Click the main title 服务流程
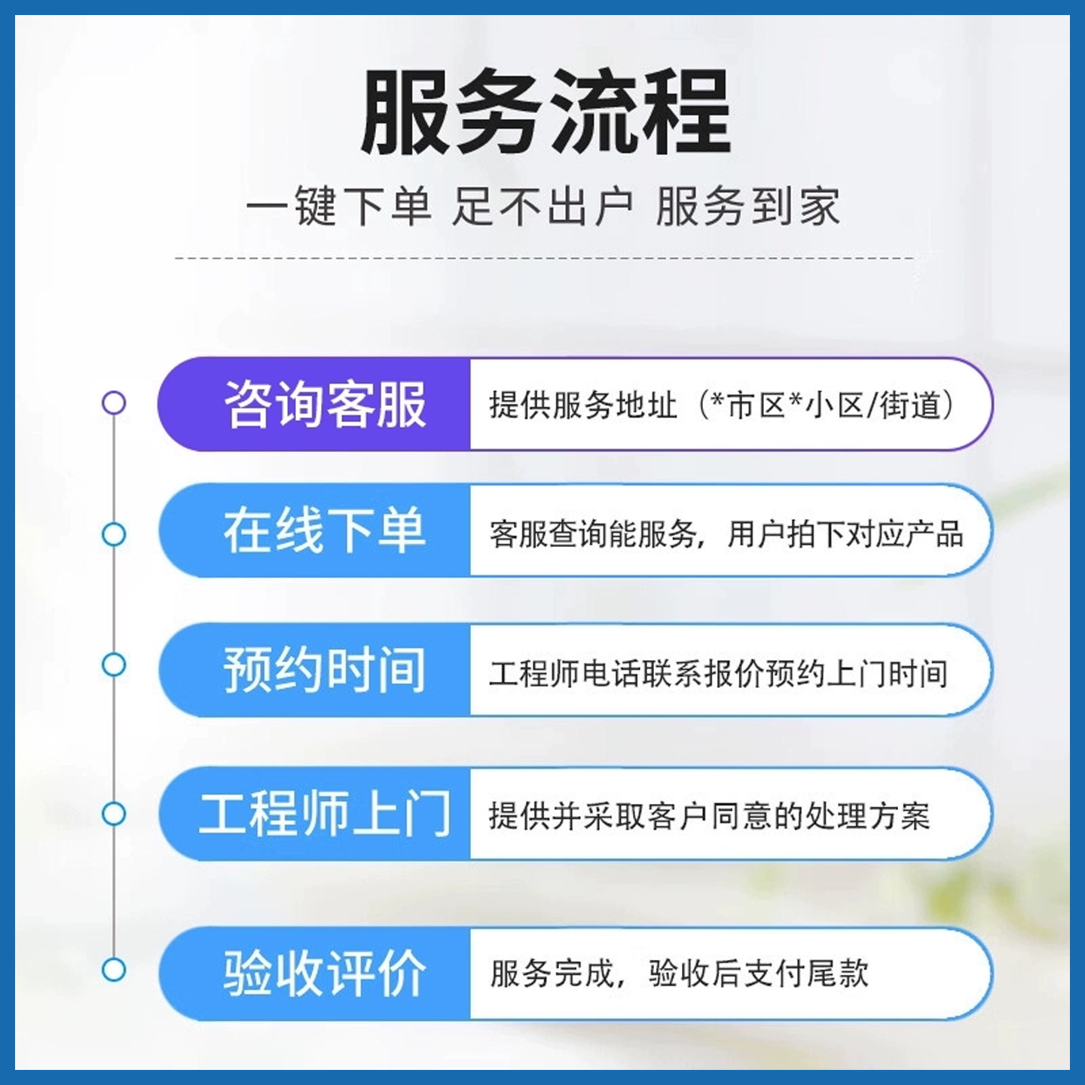546,112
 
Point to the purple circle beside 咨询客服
114,403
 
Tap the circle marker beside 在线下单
114,534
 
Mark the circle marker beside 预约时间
114,665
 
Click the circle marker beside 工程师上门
114,814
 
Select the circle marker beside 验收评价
114,970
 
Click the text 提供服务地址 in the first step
583,405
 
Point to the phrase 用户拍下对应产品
845,534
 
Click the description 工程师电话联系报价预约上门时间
718,673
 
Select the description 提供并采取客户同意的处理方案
709,816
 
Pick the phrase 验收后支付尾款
758,973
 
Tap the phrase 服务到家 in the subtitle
747,206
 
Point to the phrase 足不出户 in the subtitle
542,206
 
